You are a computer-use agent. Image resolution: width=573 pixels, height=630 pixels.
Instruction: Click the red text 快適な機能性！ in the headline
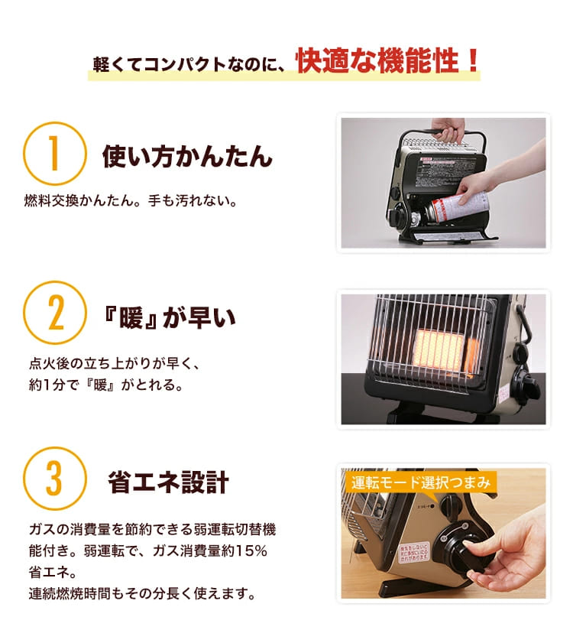coord(388,60)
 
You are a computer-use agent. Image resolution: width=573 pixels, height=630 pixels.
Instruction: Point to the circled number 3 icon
coord(54,479)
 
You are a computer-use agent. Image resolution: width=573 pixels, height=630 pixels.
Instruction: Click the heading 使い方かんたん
coord(187,157)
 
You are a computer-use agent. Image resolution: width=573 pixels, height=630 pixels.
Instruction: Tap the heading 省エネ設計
coord(168,482)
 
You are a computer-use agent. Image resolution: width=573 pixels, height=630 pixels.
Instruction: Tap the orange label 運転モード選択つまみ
coord(419,482)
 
